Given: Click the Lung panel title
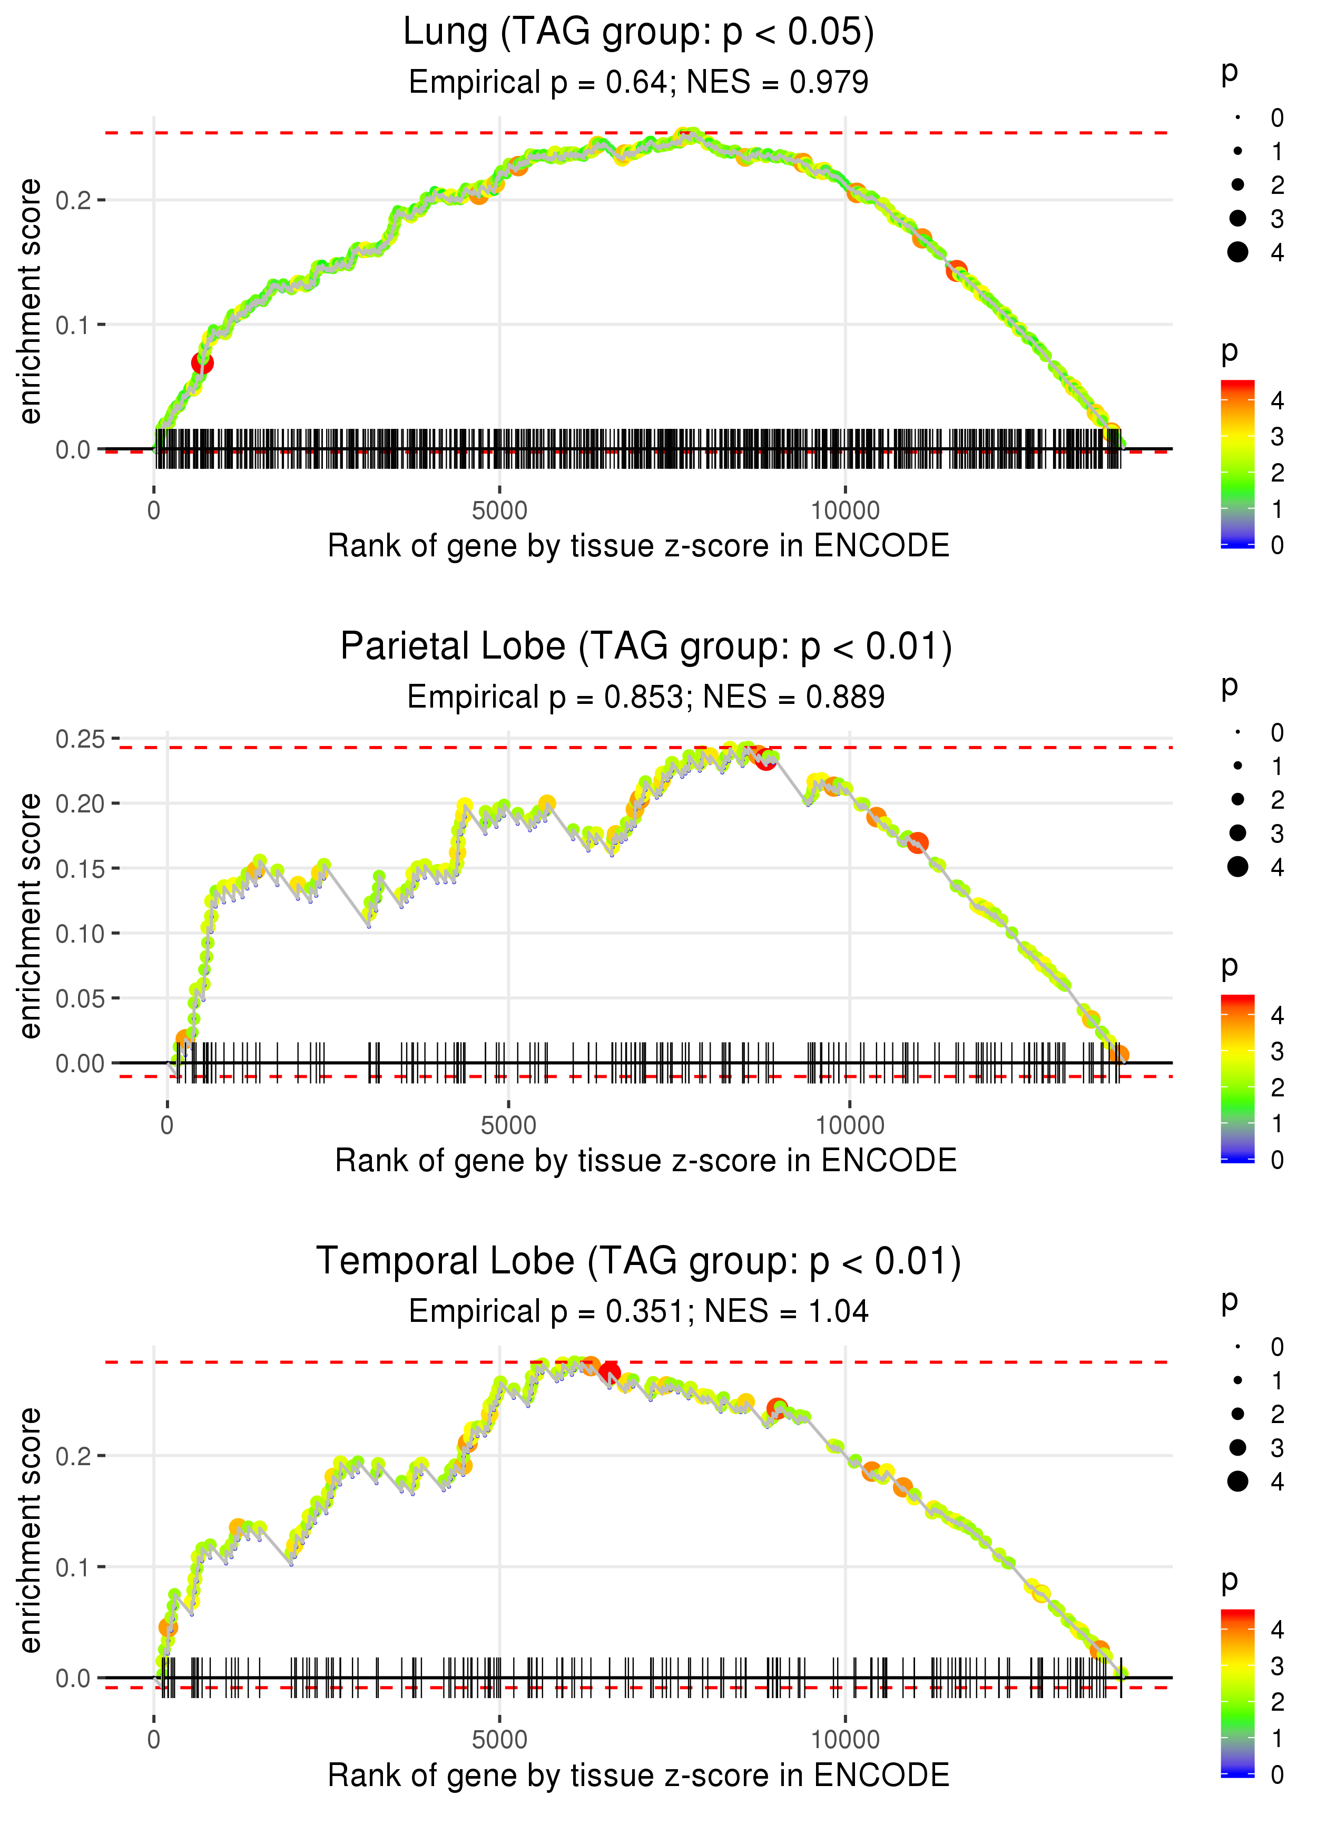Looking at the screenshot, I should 638,33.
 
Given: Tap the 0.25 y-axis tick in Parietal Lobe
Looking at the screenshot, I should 80,739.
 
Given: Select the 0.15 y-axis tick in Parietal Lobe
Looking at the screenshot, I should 80,868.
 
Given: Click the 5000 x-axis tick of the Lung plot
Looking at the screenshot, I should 499,511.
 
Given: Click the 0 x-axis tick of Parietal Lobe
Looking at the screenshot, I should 167,1125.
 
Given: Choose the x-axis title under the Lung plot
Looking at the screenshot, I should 638,546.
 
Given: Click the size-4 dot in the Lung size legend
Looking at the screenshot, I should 1237,252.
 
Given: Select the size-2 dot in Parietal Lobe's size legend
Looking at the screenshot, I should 1237,800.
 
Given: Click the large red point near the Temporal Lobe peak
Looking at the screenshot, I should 610,1374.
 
